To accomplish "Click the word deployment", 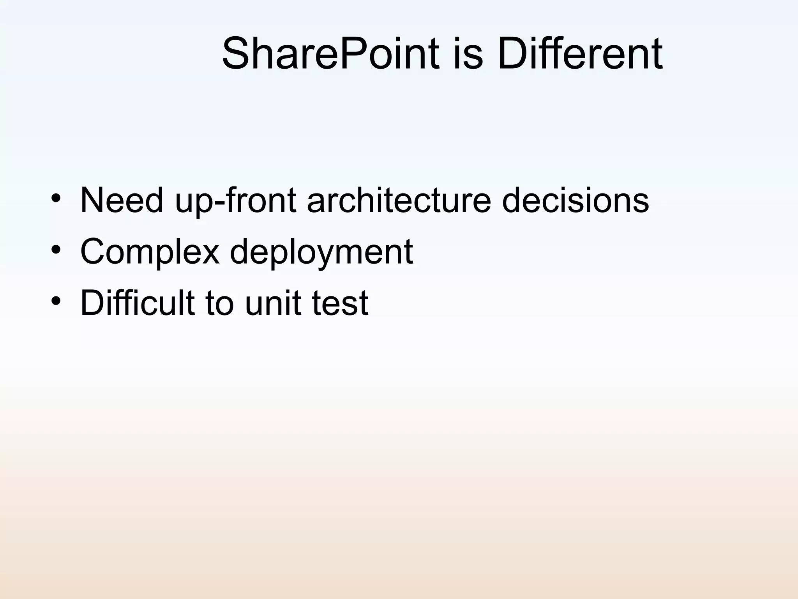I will coord(321,252).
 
